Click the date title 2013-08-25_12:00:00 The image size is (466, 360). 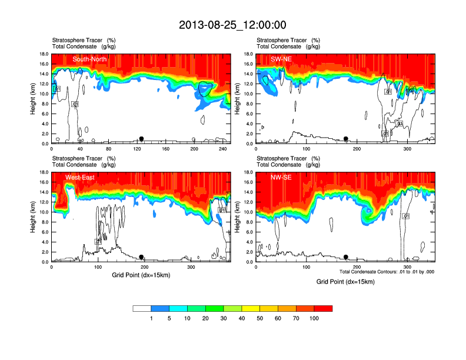coord(232,25)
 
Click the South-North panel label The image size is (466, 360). coord(88,59)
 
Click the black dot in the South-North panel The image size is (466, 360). coord(141,139)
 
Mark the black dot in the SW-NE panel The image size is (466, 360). coord(346,139)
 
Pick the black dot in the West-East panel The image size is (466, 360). coord(141,257)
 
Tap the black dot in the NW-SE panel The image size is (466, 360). coord(346,257)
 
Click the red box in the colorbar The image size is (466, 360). coord(323,308)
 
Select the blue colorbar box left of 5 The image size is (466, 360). coord(160,308)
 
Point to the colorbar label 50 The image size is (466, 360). coord(260,318)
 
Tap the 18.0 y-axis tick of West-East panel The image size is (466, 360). coord(42,172)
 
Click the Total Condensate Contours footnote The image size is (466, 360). coord(387,272)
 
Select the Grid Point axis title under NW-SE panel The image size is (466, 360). coord(345,282)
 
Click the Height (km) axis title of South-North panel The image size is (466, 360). coord(33,98)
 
